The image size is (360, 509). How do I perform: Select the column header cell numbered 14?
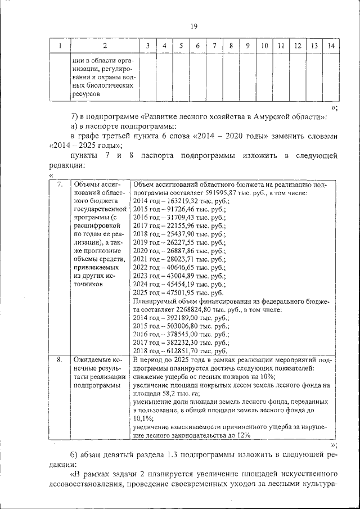click(x=331, y=46)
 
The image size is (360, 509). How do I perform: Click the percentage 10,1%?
click(x=143, y=418)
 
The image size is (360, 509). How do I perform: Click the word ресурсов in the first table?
click(x=85, y=94)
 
